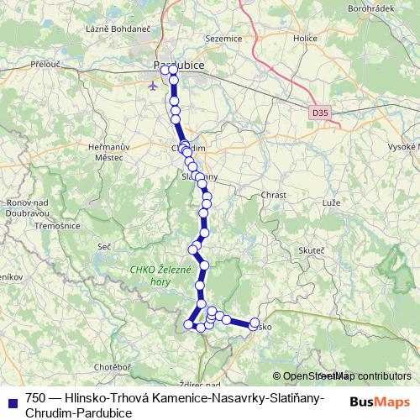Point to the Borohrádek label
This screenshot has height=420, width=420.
coord(370,8)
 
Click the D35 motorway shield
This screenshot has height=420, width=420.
coord(318,111)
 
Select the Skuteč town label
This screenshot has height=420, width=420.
coord(312,251)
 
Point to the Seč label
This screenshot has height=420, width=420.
coord(104,245)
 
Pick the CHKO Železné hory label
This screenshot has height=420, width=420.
coord(162,276)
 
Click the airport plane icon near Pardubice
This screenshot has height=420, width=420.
coord(152,85)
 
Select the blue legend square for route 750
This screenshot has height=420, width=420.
coord(11,399)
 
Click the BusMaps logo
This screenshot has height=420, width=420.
coord(379,402)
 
